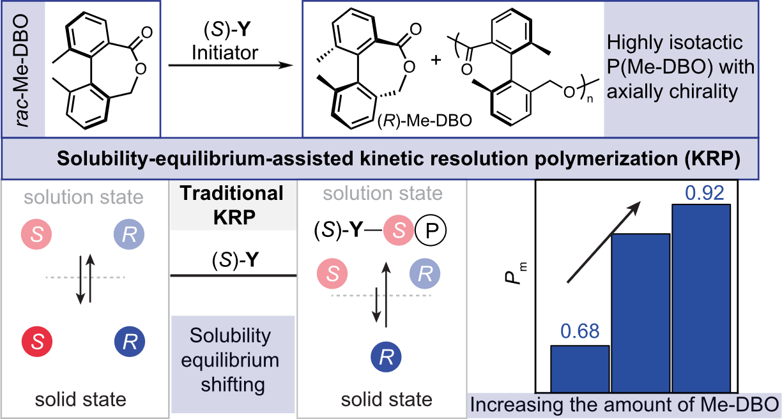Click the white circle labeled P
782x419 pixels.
tap(431, 231)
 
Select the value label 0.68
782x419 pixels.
tap(579, 331)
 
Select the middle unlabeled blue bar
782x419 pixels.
tap(641, 313)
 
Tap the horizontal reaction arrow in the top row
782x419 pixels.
tap(230, 65)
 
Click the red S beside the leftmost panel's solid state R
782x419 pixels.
tap(37, 342)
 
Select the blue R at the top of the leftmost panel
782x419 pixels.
tap(130, 235)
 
